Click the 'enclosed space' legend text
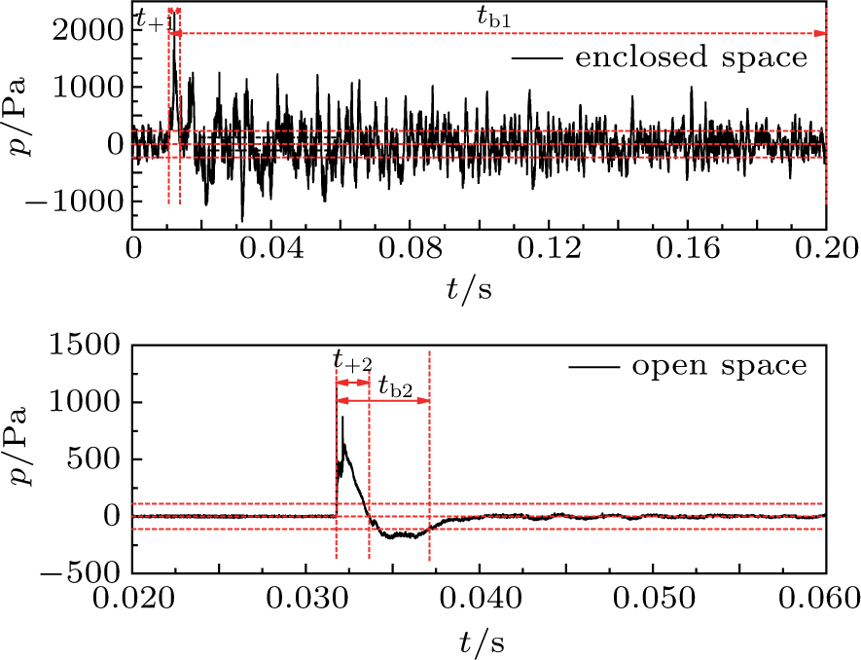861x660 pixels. pos(691,57)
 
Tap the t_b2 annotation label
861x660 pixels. pos(395,386)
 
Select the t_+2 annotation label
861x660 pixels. pos(351,363)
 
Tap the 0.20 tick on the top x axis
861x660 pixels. pos(826,250)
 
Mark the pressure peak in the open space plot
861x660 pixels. pos(341,418)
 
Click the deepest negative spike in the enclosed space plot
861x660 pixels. pos(242,220)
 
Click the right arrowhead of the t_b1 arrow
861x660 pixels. pos(821,34)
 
